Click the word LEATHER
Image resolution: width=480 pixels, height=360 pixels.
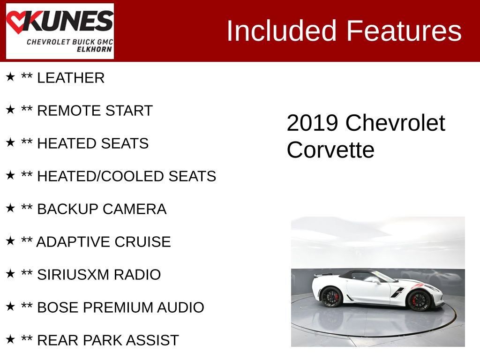point(70,78)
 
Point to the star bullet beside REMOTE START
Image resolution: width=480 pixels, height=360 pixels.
point(10,110)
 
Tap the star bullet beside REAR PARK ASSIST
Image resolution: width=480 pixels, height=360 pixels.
point(10,339)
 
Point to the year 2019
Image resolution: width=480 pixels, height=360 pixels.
point(312,123)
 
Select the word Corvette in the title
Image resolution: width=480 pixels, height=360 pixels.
point(330,150)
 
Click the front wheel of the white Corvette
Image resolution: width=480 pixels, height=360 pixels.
point(419,300)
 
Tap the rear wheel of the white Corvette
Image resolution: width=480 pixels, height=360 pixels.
point(332,297)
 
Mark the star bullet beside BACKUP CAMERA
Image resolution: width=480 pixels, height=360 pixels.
point(10,208)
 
